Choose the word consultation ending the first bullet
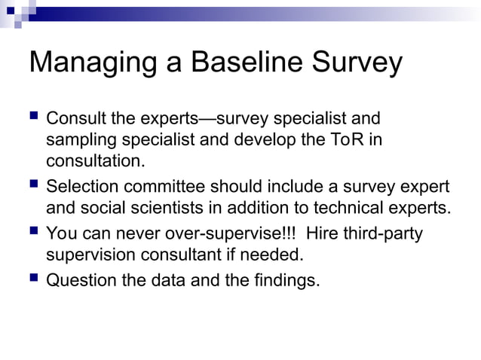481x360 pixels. tap(95, 161)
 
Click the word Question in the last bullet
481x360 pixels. tap(79, 281)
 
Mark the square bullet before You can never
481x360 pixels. tap(34, 231)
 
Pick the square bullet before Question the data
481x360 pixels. tap(34, 279)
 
